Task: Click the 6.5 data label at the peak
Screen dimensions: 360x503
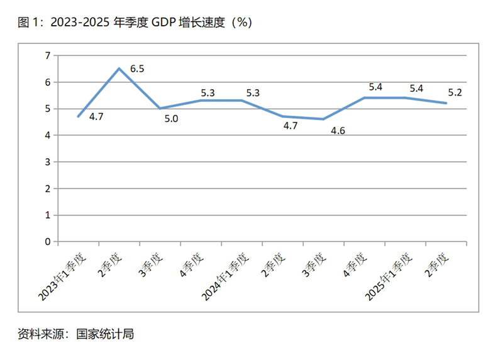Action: click(137, 68)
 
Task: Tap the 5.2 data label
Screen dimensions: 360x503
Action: click(455, 93)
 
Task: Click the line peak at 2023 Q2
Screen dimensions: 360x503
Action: click(119, 68)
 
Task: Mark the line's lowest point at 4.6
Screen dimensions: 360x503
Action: click(324, 119)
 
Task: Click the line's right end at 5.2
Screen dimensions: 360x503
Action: click(446, 103)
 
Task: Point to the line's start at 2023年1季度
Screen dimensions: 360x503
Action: click(78, 116)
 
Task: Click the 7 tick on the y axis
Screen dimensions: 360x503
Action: click(47, 56)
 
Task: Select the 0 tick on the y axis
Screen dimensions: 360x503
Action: click(47, 241)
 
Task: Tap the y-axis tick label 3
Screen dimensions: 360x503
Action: click(47, 162)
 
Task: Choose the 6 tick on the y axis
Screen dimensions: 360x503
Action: click(47, 82)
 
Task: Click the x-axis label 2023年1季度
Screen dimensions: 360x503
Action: click(67, 276)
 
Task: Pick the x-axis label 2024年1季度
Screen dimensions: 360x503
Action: click(229, 276)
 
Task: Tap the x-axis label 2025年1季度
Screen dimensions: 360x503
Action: click(393, 276)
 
